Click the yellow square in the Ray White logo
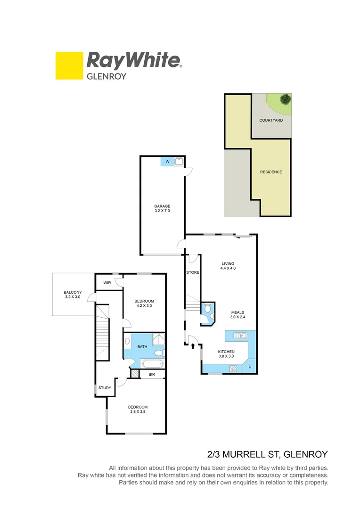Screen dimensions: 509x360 tap(69, 66)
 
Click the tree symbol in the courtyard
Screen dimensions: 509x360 tap(285, 99)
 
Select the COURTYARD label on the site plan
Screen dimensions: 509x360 tap(271, 121)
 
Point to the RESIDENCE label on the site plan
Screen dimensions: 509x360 tap(271, 172)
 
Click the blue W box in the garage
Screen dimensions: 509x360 tap(167, 162)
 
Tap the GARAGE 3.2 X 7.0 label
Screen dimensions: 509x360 tap(162, 209)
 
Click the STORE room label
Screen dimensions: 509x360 tap(193, 272)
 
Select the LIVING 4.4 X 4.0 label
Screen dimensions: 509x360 tap(228, 266)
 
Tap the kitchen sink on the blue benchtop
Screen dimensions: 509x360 tap(241, 336)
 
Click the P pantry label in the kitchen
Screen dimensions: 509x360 tap(250, 368)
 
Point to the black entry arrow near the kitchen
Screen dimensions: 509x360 tap(193, 346)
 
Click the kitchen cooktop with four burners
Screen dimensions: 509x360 tap(232, 369)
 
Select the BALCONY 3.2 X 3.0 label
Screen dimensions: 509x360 tap(73, 295)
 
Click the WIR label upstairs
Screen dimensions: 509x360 tap(107, 283)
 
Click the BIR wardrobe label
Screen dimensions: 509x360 tap(152, 374)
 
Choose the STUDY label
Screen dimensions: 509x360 tap(105, 388)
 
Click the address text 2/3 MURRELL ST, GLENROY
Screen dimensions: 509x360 tap(267, 454)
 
